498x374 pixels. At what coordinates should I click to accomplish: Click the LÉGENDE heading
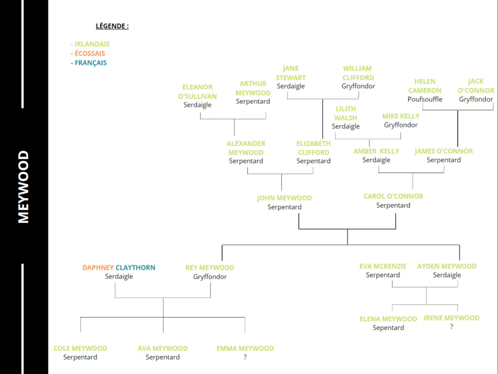(x=112, y=26)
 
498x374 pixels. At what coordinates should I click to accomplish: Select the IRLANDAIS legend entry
(x=90, y=44)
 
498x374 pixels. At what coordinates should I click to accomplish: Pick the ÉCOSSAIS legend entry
(x=88, y=53)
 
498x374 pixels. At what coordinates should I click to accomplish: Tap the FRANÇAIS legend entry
(x=89, y=63)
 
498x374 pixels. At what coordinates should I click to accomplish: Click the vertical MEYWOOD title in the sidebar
(x=23, y=187)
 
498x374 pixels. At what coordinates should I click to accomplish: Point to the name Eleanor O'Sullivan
(x=197, y=92)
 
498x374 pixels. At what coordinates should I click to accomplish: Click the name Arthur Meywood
(x=253, y=88)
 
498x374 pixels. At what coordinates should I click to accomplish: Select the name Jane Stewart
(x=291, y=73)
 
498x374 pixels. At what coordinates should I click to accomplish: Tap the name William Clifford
(x=358, y=73)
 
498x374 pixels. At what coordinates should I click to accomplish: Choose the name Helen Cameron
(x=425, y=86)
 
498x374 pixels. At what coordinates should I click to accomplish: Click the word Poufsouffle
(x=425, y=99)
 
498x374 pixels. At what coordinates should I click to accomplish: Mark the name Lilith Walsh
(x=346, y=113)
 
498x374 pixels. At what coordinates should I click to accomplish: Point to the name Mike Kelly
(x=401, y=116)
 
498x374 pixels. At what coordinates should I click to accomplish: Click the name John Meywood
(x=284, y=198)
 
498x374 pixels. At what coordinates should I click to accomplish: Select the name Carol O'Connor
(x=393, y=197)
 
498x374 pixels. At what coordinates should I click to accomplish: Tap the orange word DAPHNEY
(x=98, y=268)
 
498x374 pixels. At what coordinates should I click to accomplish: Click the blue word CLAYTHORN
(x=135, y=268)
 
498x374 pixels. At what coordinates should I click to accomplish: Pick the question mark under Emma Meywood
(x=245, y=357)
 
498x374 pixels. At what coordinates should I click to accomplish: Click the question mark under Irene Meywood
(x=451, y=327)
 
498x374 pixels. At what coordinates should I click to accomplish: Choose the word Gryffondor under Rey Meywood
(x=210, y=277)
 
